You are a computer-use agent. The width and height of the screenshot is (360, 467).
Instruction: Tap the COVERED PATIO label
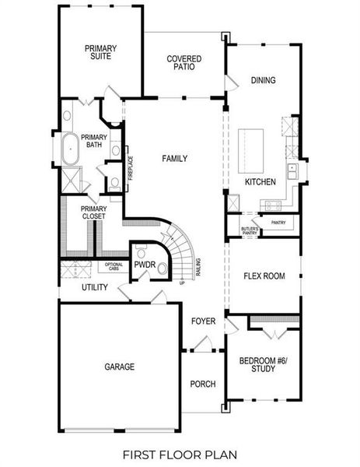point(183,63)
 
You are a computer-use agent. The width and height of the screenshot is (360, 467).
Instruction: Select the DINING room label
point(263,80)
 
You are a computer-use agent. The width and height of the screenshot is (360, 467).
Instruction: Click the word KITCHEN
point(260,181)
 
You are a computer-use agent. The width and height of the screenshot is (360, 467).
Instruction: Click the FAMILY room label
point(174,159)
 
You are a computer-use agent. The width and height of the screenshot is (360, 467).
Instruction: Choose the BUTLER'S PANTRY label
point(249,231)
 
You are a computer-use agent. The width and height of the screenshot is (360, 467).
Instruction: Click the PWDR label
point(145,265)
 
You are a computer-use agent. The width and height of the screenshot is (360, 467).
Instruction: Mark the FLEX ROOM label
point(264,276)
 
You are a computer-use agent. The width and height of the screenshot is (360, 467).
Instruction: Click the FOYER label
point(204,321)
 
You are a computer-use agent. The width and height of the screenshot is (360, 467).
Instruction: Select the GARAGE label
point(120,367)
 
